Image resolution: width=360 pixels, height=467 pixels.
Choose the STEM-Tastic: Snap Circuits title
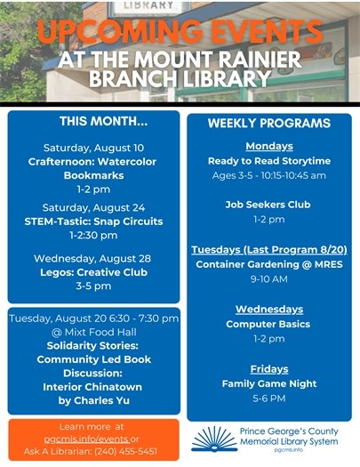(93, 221)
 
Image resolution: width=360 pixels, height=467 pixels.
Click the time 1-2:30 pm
(93, 235)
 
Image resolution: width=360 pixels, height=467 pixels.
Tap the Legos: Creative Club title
(93, 272)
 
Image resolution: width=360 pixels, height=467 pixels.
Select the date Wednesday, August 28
(93, 258)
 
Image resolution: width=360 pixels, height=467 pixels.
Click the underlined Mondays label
(268, 146)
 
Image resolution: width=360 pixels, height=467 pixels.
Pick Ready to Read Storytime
(268, 161)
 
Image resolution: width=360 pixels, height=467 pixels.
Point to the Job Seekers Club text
(268, 204)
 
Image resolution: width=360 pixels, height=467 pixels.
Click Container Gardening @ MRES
(268, 264)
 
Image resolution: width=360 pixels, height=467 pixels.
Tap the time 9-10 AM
(268, 278)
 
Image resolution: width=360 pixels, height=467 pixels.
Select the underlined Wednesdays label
(268, 309)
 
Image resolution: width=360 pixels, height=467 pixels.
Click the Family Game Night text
(268, 383)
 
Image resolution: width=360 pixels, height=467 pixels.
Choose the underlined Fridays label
(268, 368)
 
